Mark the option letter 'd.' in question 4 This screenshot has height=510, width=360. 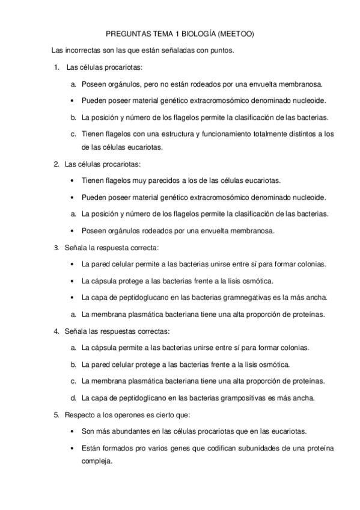coord(73,398)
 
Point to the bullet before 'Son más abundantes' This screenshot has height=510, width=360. coord(73,431)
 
